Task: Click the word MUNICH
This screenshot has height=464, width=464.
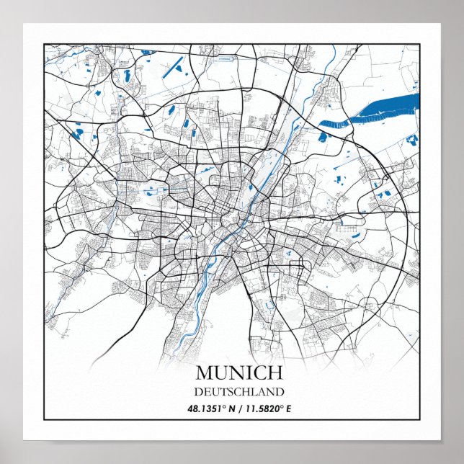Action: click(238, 373)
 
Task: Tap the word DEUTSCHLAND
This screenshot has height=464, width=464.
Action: click(238, 392)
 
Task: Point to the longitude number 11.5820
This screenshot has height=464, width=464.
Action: click(262, 409)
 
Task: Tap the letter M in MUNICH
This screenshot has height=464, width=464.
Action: click(204, 373)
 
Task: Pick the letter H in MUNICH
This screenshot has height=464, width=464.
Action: click(274, 373)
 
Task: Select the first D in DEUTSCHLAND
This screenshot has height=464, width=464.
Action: click(199, 392)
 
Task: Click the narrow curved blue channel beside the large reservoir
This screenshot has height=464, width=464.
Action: click(332, 125)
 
